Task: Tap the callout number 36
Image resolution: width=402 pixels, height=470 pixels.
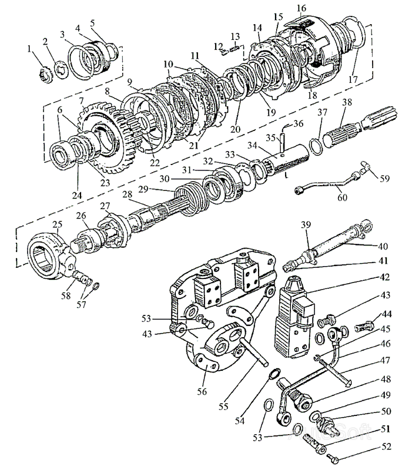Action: point(298,123)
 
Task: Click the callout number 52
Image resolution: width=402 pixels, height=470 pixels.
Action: point(386,448)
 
